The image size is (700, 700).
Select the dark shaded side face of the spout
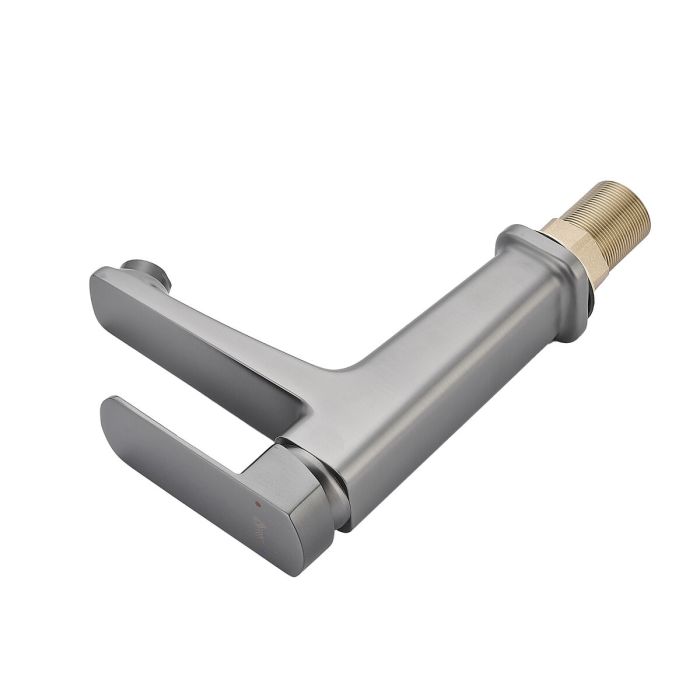click(190, 350)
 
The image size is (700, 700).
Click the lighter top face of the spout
click(200, 300)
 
